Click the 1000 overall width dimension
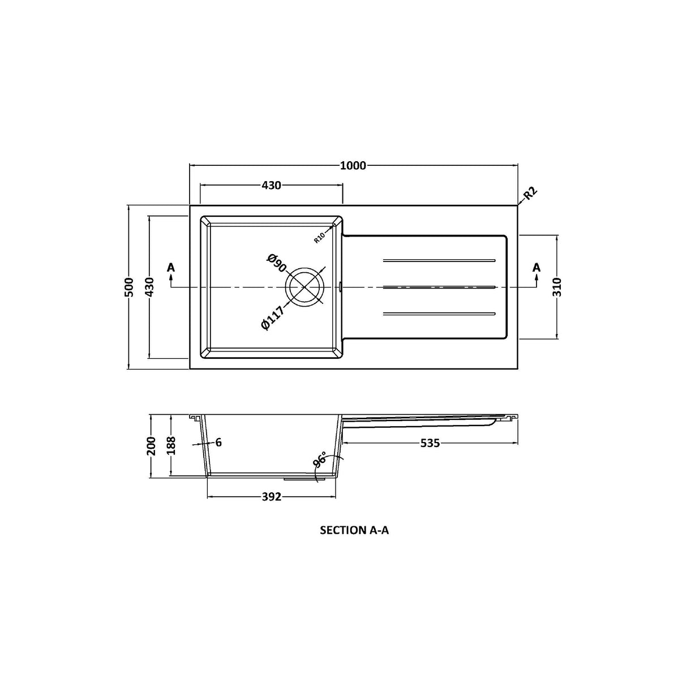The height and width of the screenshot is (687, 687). (x=353, y=165)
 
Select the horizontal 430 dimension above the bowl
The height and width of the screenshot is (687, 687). (x=271, y=185)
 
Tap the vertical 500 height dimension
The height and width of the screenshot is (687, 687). (x=129, y=287)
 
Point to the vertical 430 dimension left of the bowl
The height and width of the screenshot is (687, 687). (x=149, y=287)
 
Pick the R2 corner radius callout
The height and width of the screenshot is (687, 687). (x=530, y=194)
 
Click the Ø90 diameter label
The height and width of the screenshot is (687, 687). (x=276, y=264)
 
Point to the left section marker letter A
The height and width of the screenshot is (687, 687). (x=171, y=267)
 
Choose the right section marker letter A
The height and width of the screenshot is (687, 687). (x=536, y=267)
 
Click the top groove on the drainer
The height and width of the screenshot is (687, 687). (x=439, y=260)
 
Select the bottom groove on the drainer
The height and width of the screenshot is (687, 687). (x=439, y=313)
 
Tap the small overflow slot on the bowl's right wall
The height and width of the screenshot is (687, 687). (x=340, y=287)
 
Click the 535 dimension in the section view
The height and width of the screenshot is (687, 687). (x=430, y=443)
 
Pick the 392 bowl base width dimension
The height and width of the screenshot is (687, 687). (x=272, y=497)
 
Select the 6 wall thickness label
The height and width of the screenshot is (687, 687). (x=218, y=443)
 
